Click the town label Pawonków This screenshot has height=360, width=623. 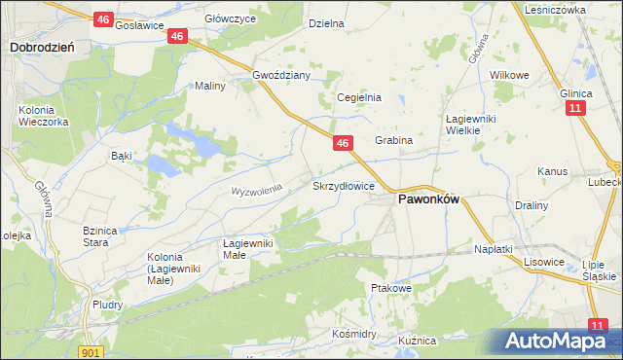coord(427,199)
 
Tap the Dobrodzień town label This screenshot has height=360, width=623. coord(43,46)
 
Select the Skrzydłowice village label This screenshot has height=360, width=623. coord(343,185)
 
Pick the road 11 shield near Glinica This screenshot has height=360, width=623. coord(576,108)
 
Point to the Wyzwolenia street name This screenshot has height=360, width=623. coord(256,189)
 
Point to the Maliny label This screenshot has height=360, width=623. coord(210,86)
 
